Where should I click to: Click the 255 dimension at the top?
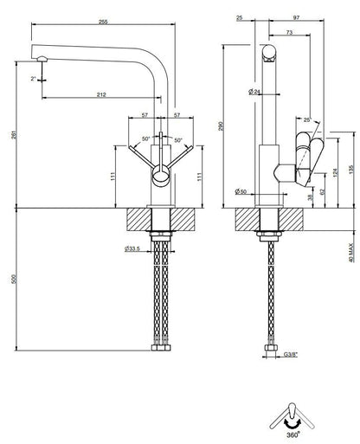click(103, 22)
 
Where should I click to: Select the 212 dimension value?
click(101, 94)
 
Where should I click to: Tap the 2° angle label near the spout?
click(33, 78)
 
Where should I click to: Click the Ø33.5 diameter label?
click(132, 248)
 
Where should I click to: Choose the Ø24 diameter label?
click(254, 92)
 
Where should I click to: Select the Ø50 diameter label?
click(241, 191)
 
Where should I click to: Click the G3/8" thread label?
click(290, 354)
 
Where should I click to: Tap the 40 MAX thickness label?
click(351, 253)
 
